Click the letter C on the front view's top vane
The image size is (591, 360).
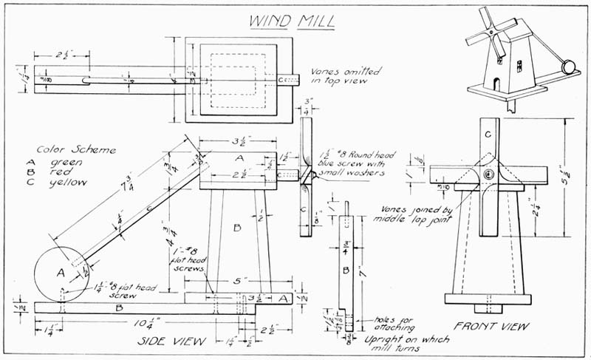(x=488, y=135)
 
